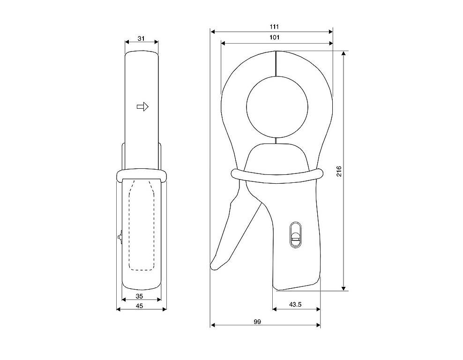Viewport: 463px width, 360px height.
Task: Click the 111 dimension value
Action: pyautogui.click(x=274, y=27)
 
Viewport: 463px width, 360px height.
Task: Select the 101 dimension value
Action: pyautogui.click(x=274, y=37)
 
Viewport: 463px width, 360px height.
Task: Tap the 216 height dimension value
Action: pyautogui.click(x=339, y=171)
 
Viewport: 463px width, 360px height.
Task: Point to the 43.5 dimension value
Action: pyautogui.click(x=295, y=304)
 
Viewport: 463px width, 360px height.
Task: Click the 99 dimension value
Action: pyautogui.click(x=257, y=322)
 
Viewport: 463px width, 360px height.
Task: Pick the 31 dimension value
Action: pyautogui.click(x=142, y=38)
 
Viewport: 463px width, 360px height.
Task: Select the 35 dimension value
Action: pyautogui.click(x=139, y=296)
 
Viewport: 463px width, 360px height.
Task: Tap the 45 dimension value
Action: pyautogui.click(x=139, y=306)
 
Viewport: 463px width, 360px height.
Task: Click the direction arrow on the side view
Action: pyautogui.click(x=142, y=106)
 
